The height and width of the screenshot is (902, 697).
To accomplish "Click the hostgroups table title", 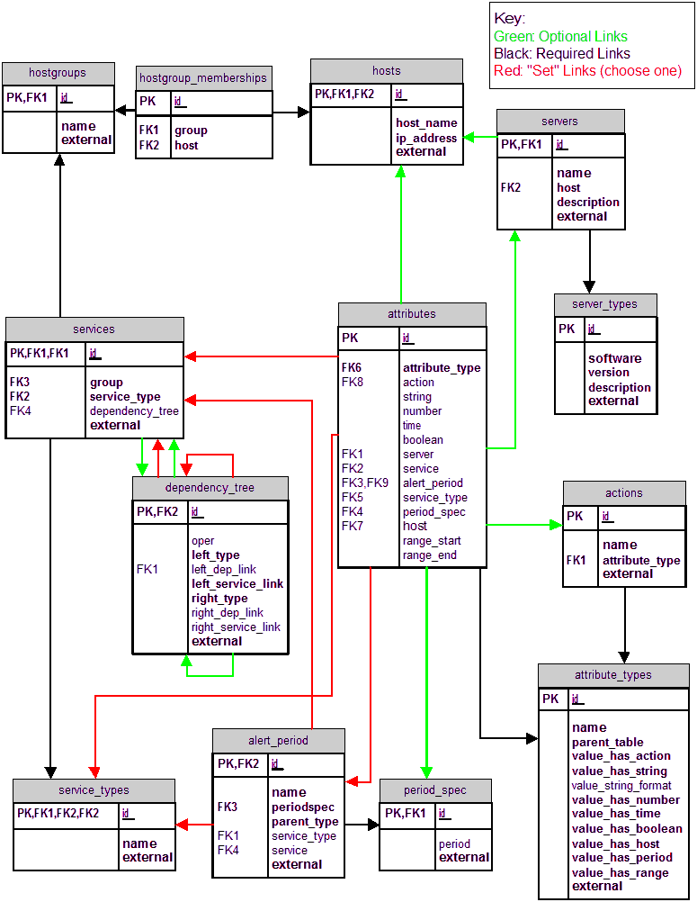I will (x=58, y=72).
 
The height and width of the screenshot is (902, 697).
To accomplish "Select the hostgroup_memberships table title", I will (x=203, y=77).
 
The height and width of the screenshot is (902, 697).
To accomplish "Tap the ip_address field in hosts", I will (x=426, y=138).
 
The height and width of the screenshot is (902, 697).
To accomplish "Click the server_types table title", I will (x=605, y=304).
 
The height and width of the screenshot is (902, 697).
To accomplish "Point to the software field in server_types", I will (x=614, y=358).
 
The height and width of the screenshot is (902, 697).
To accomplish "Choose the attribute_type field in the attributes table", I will (x=442, y=367).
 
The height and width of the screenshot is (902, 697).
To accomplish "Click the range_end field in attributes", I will (x=430, y=555).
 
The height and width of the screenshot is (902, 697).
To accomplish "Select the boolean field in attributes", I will (x=423, y=440).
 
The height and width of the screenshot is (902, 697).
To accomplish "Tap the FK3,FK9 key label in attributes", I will (x=364, y=483).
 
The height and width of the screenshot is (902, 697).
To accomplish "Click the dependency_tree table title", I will (x=210, y=488).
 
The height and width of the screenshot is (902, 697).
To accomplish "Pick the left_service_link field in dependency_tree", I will (x=237, y=584).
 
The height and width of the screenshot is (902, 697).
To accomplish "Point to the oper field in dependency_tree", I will (x=202, y=541).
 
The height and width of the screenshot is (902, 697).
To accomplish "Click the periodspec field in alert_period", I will (x=303, y=807).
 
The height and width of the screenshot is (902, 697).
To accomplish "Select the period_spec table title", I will (x=435, y=790).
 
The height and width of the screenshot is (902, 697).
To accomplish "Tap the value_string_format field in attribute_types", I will (x=621, y=786).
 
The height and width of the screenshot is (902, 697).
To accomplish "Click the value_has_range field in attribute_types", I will (x=620, y=872).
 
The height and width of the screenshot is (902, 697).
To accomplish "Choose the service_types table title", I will (x=94, y=790).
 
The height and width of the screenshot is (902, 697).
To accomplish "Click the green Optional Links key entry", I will (x=555, y=37).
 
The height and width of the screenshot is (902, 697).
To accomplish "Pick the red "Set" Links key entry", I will (x=587, y=71).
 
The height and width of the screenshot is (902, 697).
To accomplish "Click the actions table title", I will (x=623, y=492).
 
